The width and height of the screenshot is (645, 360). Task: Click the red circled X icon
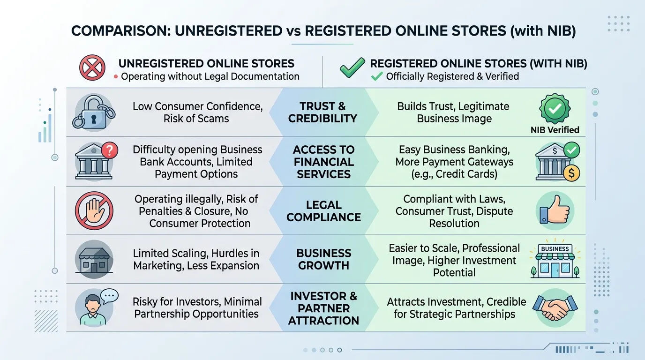(x=92, y=67)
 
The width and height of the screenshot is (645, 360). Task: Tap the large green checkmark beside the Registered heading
(x=352, y=67)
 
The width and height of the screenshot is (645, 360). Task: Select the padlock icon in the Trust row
(x=94, y=112)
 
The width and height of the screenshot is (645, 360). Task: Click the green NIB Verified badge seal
(x=555, y=108)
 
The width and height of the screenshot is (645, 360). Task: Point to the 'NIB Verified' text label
(x=555, y=130)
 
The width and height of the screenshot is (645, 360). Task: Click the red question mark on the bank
(x=109, y=150)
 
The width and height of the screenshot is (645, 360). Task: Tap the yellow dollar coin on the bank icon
(x=571, y=173)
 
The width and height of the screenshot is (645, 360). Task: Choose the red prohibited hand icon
(x=94, y=211)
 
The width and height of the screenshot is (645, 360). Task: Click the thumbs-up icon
(x=555, y=210)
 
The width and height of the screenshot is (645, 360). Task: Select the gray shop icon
(x=94, y=259)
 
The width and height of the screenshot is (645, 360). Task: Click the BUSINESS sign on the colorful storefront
(x=555, y=249)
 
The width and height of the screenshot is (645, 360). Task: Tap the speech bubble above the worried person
(x=109, y=296)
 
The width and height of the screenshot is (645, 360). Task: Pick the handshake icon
(x=555, y=307)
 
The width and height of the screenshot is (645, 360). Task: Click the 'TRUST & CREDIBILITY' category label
(x=323, y=112)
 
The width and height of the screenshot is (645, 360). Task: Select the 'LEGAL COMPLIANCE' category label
(x=323, y=211)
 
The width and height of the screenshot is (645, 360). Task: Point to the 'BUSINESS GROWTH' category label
(x=323, y=259)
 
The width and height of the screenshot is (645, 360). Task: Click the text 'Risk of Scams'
(x=196, y=119)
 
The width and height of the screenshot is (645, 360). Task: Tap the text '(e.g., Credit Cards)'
(x=454, y=174)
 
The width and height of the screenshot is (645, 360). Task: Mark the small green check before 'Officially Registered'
(x=377, y=76)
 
